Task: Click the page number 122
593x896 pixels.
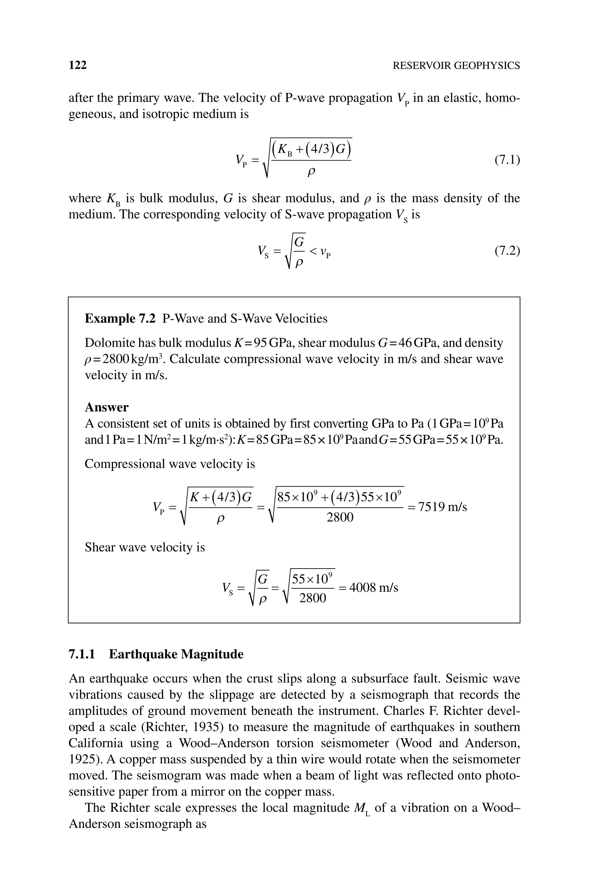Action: pos(78,65)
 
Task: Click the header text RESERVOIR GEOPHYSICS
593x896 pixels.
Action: pos(456,66)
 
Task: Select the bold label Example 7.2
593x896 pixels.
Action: pos(120,318)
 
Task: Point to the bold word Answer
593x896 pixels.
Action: pos(107,407)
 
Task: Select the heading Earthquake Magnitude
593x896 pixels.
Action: pos(176,654)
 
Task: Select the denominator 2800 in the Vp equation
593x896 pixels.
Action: pos(340,517)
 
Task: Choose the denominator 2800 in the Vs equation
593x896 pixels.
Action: pos(312,598)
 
